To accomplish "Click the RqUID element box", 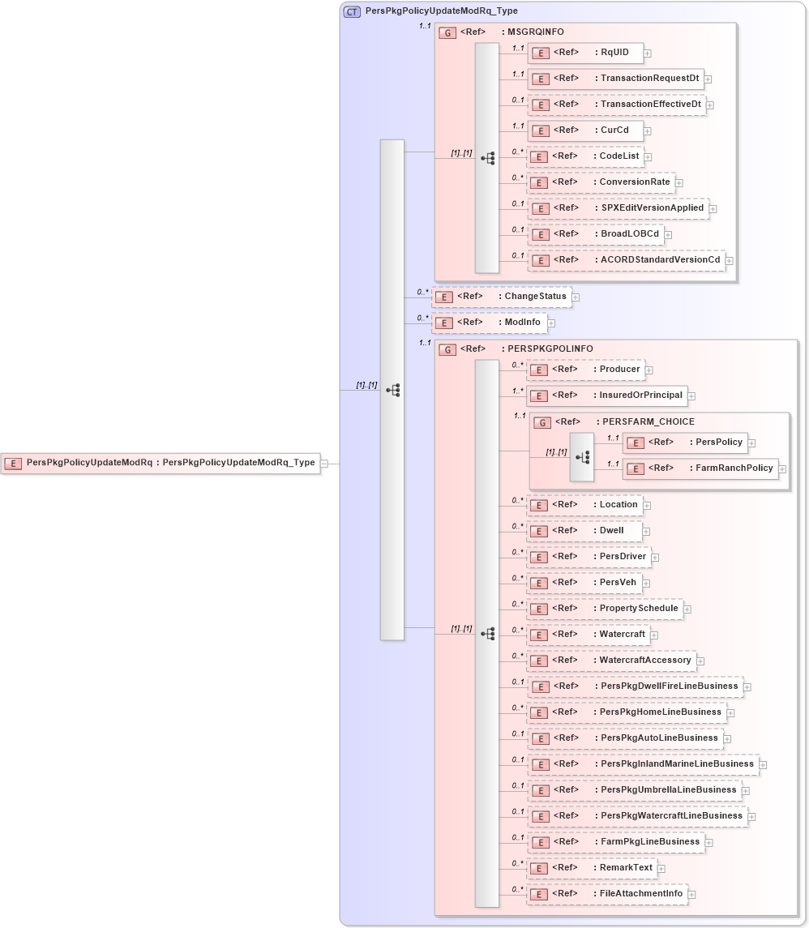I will [x=585, y=53].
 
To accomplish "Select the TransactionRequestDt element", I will [x=615, y=79].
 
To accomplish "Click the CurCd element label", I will [x=614, y=130].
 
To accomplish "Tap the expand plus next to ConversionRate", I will [x=679, y=183].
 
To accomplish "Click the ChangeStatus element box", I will [x=500, y=297].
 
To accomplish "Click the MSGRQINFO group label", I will [x=535, y=32].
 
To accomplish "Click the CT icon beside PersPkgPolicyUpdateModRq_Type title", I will [x=352, y=11].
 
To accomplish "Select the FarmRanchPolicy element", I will [x=700, y=468].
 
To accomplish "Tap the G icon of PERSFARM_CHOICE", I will [x=542, y=422].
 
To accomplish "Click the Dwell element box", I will [x=584, y=531].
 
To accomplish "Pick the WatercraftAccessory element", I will [x=611, y=661].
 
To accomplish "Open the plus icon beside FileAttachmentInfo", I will [x=692, y=895].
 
